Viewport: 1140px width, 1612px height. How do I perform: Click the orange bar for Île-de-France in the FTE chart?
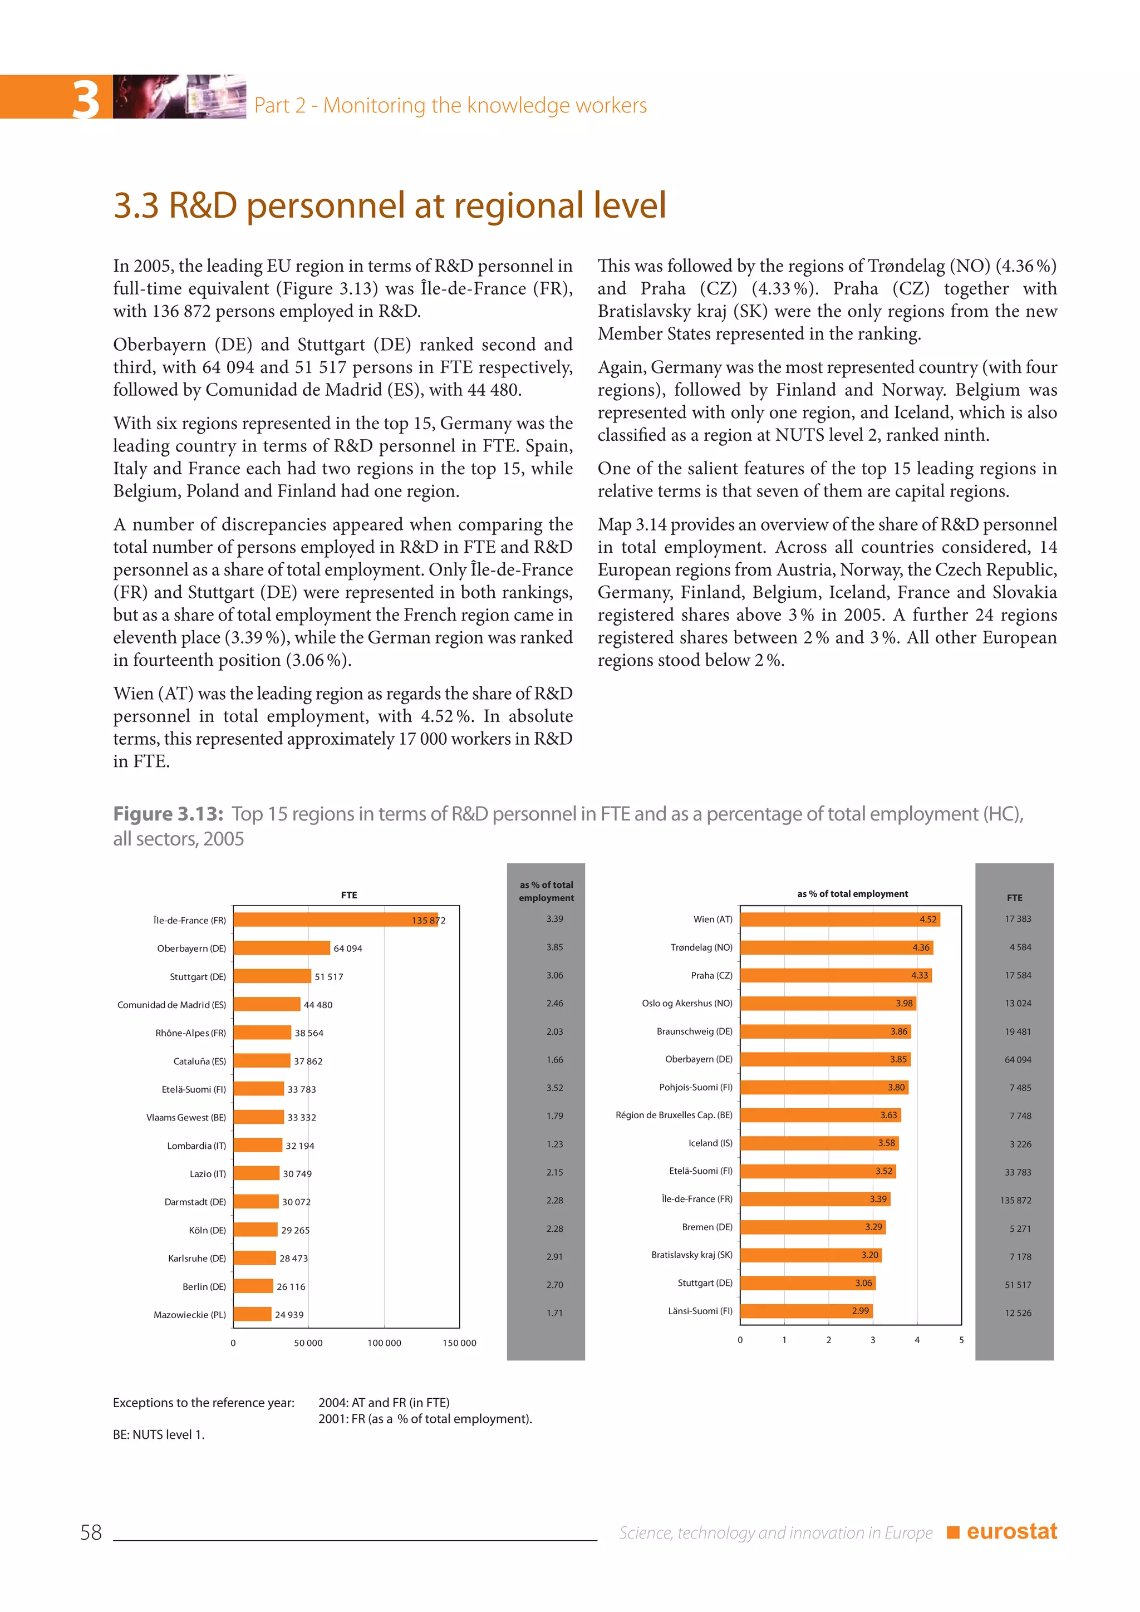click(336, 920)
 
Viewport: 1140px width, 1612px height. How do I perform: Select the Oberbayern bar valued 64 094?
click(282, 948)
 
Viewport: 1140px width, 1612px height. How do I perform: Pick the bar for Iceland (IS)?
click(819, 1143)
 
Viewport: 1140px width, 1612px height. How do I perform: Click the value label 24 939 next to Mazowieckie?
click(289, 1314)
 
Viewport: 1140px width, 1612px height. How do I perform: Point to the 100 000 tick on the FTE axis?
click(384, 1343)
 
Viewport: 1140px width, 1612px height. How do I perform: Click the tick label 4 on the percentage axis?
click(917, 1340)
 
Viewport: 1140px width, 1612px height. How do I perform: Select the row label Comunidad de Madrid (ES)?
click(171, 1005)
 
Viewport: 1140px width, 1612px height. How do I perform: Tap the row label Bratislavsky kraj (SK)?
click(691, 1255)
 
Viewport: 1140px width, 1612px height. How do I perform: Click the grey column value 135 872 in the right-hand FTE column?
click(1016, 1200)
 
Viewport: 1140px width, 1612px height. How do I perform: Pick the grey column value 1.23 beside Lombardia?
click(554, 1144)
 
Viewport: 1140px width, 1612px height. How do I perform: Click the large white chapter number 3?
click(86, 99)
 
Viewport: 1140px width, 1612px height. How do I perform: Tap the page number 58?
click(91, 1532)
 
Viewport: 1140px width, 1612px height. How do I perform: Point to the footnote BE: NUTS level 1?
click(159, 1434)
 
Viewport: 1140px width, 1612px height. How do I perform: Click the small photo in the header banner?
click(180, 96)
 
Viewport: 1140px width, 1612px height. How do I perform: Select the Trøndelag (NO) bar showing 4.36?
click(836, 947)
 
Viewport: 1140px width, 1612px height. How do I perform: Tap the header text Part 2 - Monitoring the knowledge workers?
click(450, 105)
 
